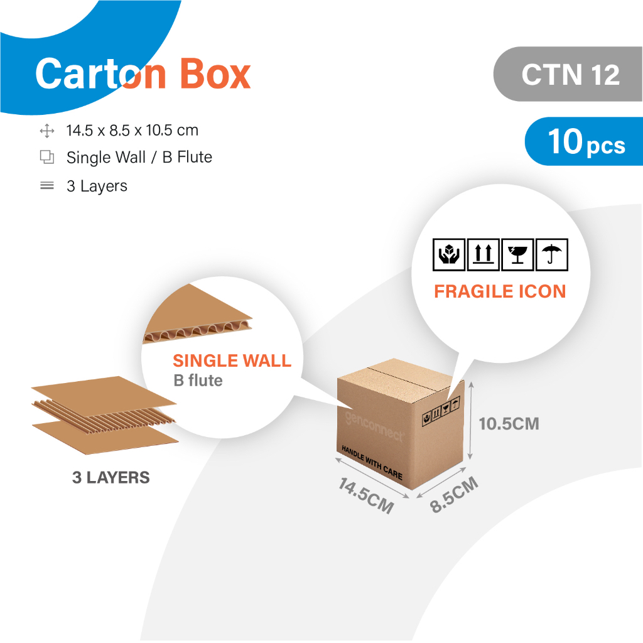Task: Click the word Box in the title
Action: tap(215, 74)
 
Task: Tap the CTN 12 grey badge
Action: tap(568, 74)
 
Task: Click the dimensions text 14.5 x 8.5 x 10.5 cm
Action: tap(132, 131)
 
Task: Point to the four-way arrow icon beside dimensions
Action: tap(46, 131)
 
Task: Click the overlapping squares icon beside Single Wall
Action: tap(46, 157)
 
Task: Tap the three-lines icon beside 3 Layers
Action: tap(46, 186)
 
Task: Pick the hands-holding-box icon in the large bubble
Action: tap(448, 255)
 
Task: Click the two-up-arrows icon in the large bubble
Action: tap(483, 255)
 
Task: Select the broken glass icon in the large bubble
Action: tap(517, 255)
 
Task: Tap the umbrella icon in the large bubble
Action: tap(552, 255)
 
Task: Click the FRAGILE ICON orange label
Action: tap(500, 291)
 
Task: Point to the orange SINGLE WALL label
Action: tap(232, 361)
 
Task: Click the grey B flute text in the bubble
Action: tap(198, 381)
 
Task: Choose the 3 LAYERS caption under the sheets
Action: tap(111, 478)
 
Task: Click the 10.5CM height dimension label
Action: tap(509, 424)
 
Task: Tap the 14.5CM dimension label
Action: tap(366, 496)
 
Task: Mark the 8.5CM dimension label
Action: tap(454, 495)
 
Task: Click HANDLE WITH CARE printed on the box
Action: tap(372, 463)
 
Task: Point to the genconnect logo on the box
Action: tap(374, 427)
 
